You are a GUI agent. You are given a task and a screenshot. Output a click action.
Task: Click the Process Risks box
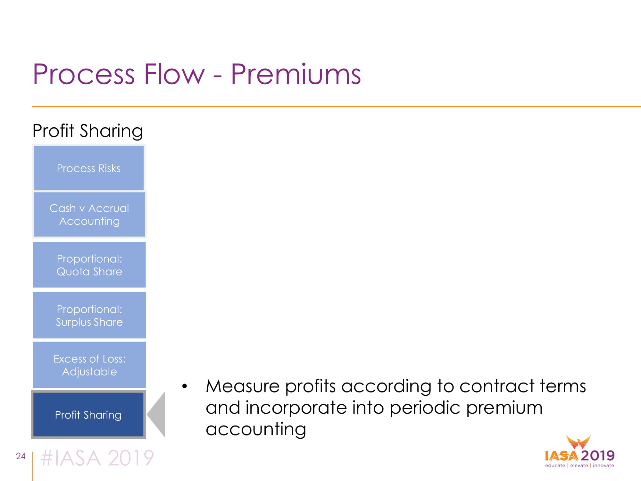click(89, 168)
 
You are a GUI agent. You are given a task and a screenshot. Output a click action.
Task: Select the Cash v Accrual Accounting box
click(89, 215)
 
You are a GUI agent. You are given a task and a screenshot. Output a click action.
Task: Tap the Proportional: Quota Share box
click(89, 265)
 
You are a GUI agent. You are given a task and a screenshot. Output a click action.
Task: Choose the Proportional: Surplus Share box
click(89, 315)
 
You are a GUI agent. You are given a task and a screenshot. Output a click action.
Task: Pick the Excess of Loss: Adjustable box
click(89, 365)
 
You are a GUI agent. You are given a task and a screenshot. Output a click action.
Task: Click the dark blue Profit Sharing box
click(88, 415)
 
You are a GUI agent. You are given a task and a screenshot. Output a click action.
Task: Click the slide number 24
click(21, 456)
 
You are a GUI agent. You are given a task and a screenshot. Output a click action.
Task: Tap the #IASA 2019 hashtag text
click(97, 458)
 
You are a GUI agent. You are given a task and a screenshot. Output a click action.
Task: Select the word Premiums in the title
click(296, 74)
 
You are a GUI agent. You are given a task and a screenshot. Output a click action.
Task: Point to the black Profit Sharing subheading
click(87, 131)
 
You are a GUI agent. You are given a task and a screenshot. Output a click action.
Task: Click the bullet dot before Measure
click(185, 386)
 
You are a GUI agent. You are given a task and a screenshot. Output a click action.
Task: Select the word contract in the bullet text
click(497, 386)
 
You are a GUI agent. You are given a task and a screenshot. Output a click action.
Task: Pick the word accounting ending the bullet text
click(256, 429)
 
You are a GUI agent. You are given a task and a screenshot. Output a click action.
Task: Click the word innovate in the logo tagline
click(604, 466)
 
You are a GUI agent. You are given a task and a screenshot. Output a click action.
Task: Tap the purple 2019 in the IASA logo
click(598, 455)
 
